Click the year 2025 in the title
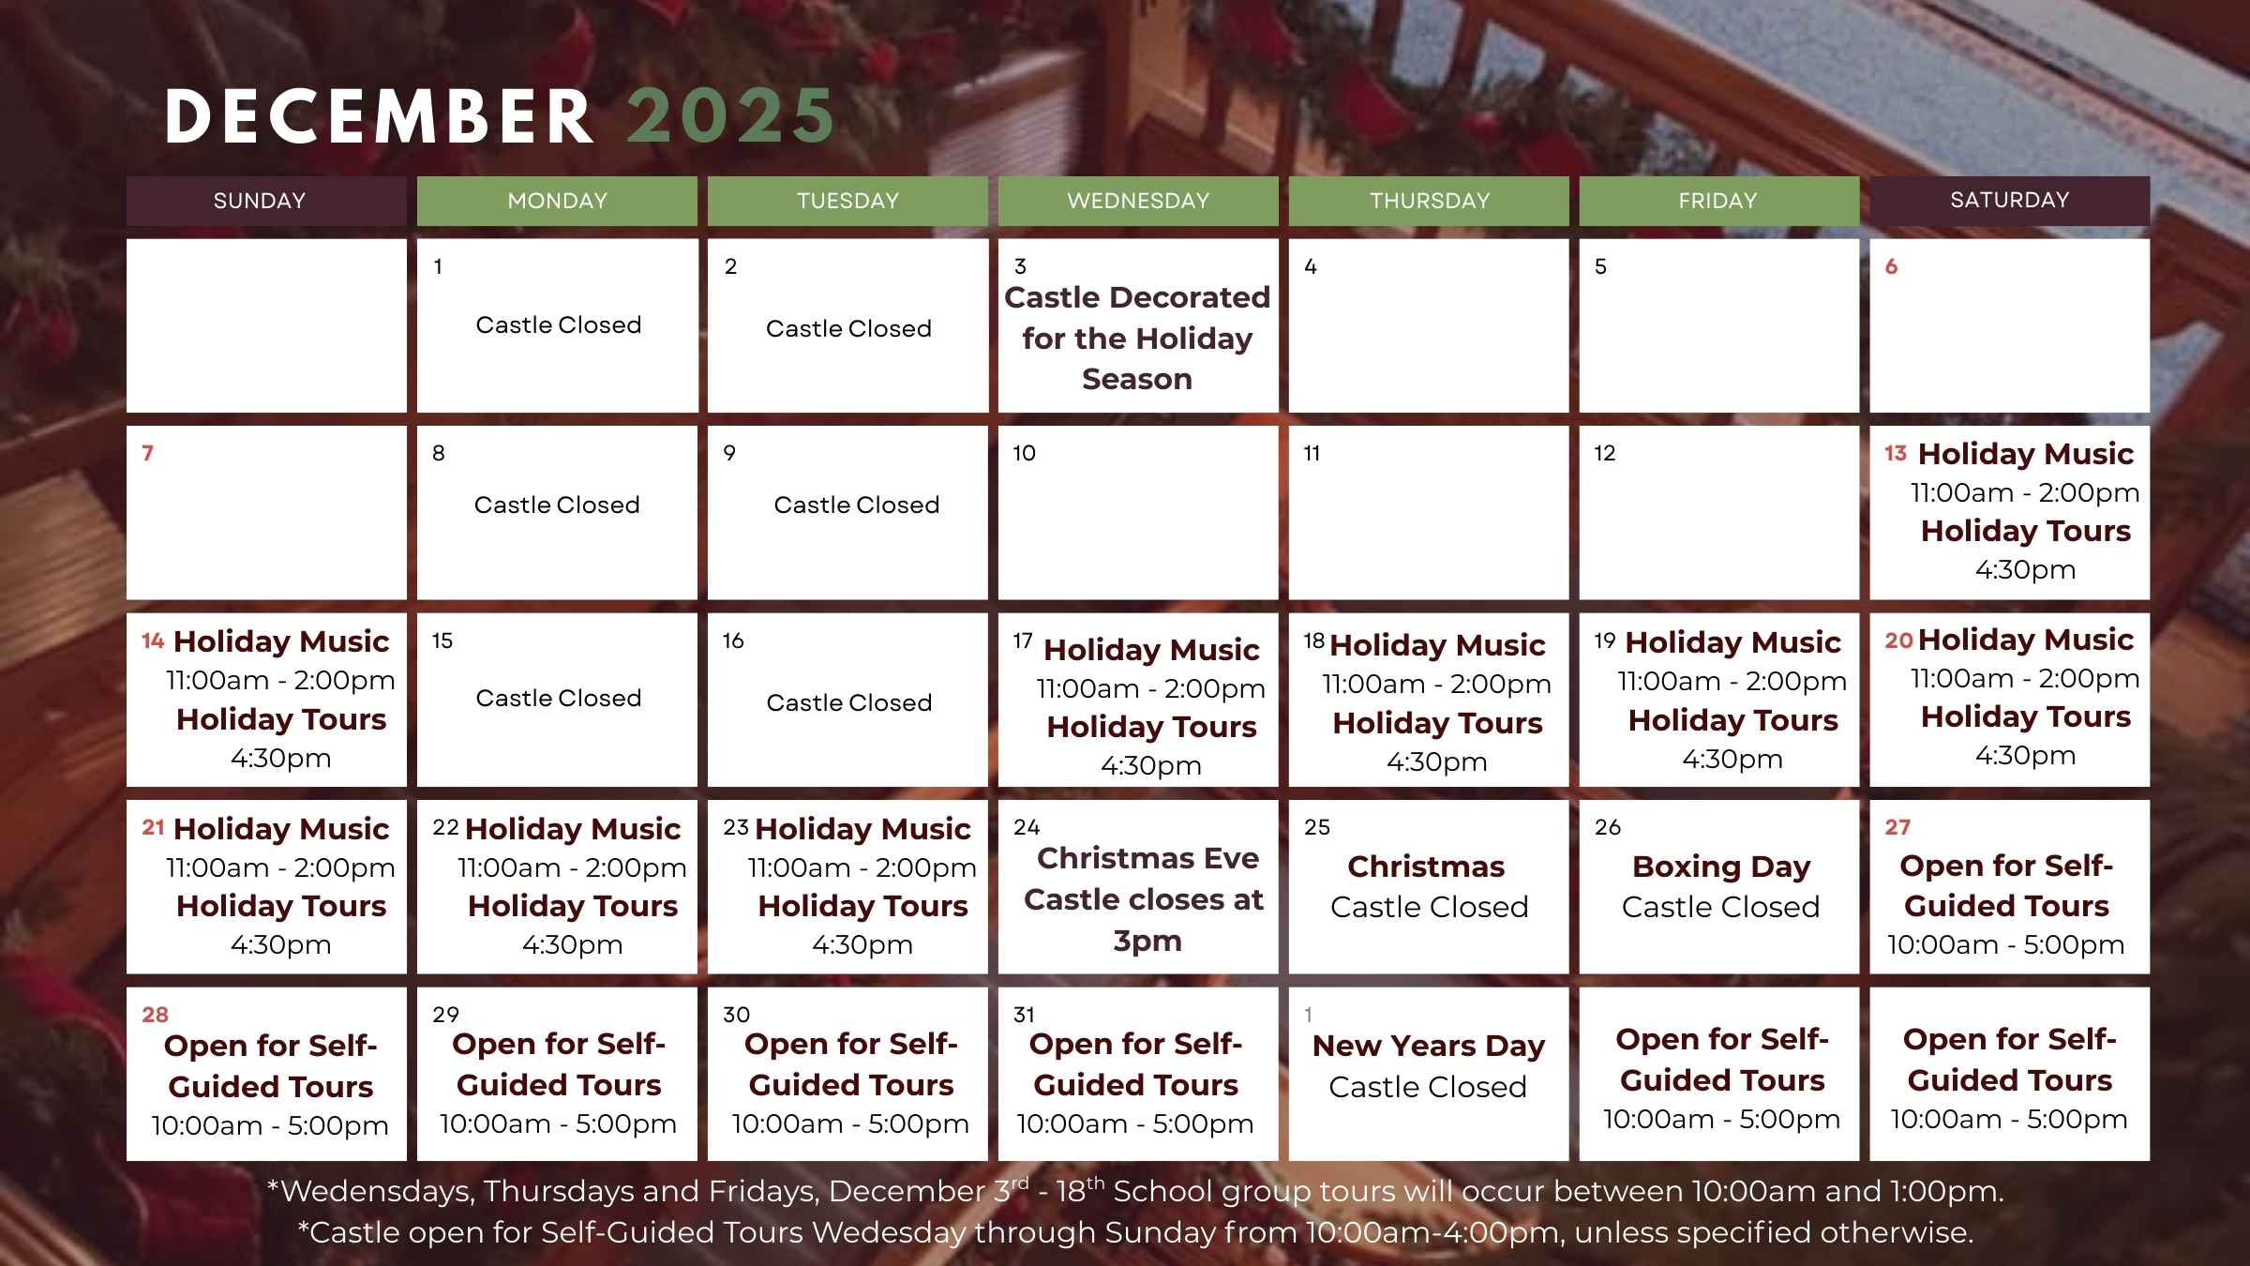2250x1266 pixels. [x=730, y=117]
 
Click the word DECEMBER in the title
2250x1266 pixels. [x=380, y=117]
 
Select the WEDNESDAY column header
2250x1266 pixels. [x=1138, y=201]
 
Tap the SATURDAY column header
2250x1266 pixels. [x=2009, y=200]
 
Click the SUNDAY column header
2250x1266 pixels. [x=260, y=201]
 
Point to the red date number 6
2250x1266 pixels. [x=1891, y=266]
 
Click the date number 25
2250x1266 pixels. [x=1316, y=827]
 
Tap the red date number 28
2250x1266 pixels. [x=155, y=1015]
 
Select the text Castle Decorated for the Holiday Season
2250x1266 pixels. [x=1137, y=338]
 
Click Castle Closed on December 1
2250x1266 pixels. [x=559, y=325]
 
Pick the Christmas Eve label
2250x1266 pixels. [x=1147, y=858]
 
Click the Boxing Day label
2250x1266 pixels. [x=1720, y=867]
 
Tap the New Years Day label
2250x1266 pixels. [x=1428, y=1046]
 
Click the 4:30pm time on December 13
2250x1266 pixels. [x=2025, y=570]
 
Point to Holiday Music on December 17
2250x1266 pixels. [x=1151, y=650]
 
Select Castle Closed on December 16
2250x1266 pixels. [x=848, y=702]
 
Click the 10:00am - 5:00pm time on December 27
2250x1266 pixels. [x=2005, y=945]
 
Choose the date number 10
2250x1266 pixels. [x=1024, y=454]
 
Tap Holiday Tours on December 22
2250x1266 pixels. [x=572, y=906]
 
